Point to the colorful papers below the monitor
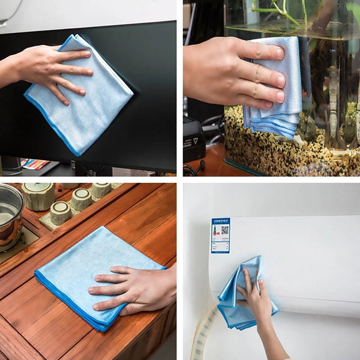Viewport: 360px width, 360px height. coord(36,164)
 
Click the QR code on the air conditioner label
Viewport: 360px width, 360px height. coord(224,230)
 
